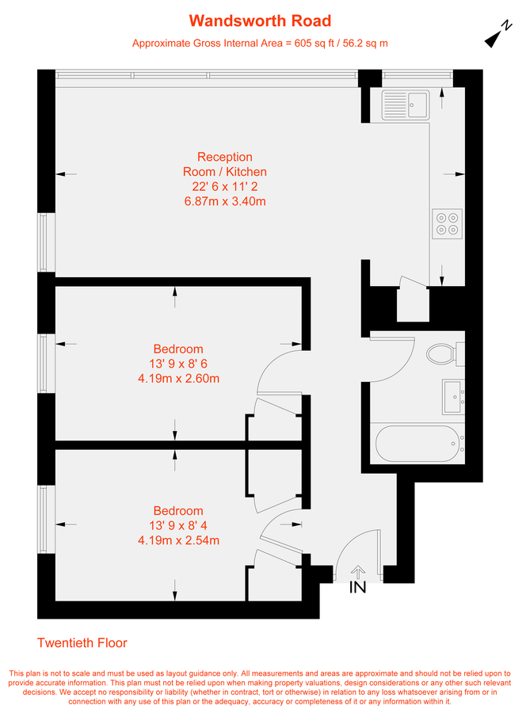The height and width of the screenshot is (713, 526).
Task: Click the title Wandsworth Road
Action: pyautogui.click(x=260, y=21)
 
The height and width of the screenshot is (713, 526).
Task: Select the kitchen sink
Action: pyautogui.click(x=404, y=101)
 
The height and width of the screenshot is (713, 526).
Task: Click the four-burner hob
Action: pyautogui.click(x=446, y=223)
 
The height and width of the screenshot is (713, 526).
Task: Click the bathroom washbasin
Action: pyautogui.click(x=453, y=394)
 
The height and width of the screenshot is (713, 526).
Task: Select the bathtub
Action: pyautogui.click(x=417, y=444)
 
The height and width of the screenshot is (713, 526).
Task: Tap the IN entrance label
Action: pyautogui.click(x=358, y=588)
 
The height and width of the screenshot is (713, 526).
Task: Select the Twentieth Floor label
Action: pyautogui.click(x=82, y=643)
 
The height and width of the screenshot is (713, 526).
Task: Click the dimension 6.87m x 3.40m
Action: pyautogui.click(x=224, y=201)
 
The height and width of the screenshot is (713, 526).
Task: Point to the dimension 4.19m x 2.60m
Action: pyautogui.click(x=178, y=378)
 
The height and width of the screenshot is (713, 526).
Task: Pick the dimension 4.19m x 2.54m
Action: pyautogui.click(x=178, y=540)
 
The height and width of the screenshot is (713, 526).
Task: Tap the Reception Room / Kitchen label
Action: pyautogui.click(x=225, y=164)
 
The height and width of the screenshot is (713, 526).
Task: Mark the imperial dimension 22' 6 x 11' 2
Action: pyautogui.click(x=225, y=187)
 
